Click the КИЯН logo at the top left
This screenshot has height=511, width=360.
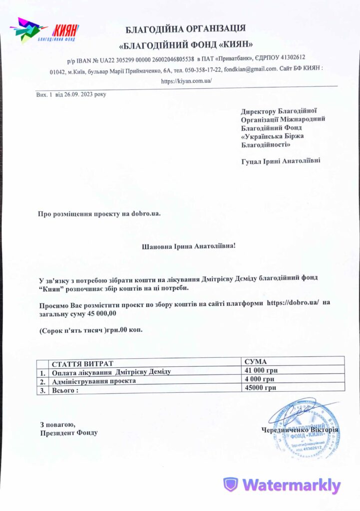coord(44,31)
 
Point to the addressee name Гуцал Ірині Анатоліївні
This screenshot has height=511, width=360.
coord(281,161)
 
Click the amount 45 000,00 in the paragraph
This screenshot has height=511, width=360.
coord(101,313)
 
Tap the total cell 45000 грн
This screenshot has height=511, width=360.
coord(260,388)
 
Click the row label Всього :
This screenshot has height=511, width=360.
coord(65,390)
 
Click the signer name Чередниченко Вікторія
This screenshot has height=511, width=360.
coord(300,430)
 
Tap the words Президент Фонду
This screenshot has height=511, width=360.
coord(69,433)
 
